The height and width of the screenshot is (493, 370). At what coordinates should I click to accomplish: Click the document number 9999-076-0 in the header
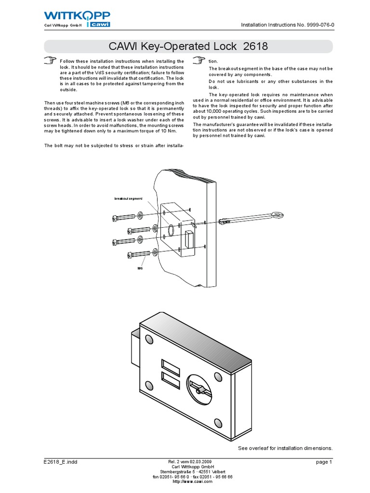point(317,25)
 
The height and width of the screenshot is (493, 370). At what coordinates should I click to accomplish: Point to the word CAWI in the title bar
point(122,47)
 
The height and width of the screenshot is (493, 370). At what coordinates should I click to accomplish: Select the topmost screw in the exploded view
point(121,218)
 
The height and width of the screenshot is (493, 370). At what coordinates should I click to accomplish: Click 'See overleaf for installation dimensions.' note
point(286,448)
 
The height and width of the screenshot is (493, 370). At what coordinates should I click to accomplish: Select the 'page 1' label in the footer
point(324,462)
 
